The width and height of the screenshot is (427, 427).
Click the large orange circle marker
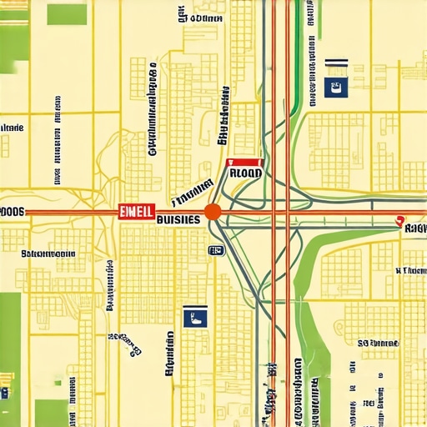pos(213,212)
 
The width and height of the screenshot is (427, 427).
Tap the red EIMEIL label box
pos(135,212)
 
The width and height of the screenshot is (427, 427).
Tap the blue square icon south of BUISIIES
pos(195,316)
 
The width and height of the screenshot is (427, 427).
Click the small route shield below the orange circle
pos(215,249)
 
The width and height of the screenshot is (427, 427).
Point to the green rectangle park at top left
pos(67,14)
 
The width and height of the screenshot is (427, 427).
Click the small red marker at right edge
pos(398,223)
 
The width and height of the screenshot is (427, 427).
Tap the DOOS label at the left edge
pos(12,213)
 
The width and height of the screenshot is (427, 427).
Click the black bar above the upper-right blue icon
pos(336,62)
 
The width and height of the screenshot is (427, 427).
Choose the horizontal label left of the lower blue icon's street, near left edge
pos(48,254)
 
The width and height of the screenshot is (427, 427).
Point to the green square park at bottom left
pos(50,411)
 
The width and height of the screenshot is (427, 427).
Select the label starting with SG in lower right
pos(377,343)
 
